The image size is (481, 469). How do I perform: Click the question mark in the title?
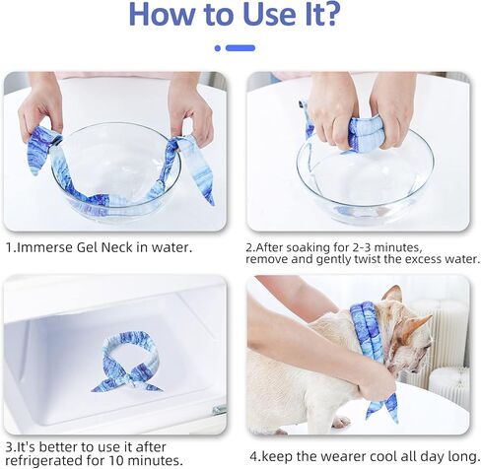click(x=328, y=15)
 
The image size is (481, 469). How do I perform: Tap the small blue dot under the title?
click(x=218, y=48)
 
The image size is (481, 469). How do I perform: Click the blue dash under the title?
click(x=240, y=48)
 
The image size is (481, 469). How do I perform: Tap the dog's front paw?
click(x=341, y=422)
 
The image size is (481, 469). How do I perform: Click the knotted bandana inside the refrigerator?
click(x=126, y=362)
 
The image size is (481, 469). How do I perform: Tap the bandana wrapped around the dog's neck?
click(x=367, y=332)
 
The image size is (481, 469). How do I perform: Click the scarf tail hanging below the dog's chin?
click(x=382, y=407)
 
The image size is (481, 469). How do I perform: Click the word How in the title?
click(x=163, y=15)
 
